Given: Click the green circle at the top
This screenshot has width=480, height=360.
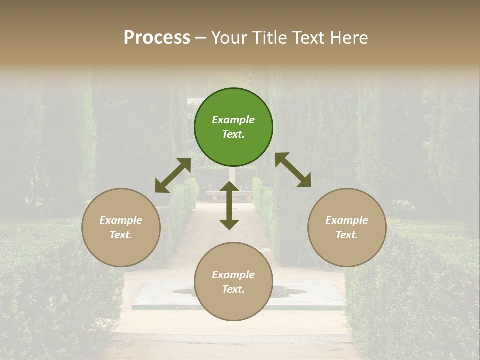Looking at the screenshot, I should [233, 105].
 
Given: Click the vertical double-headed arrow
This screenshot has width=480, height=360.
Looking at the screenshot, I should [229, 205].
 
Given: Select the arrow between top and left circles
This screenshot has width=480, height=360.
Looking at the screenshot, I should [173, 175].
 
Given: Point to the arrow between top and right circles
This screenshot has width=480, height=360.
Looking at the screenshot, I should [293, 170].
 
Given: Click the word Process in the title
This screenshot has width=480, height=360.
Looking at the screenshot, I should [157, 38].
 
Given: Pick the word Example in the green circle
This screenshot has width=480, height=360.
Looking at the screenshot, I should [233, 120].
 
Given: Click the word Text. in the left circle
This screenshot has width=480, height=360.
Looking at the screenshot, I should [121, 235].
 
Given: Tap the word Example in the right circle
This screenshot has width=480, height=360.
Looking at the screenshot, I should [347, 220].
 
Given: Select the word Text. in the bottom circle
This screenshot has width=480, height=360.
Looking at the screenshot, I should [233, 289].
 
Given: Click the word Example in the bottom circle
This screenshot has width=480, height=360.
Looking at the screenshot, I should [233, 275].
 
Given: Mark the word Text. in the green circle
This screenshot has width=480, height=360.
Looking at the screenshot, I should [233, 134].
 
